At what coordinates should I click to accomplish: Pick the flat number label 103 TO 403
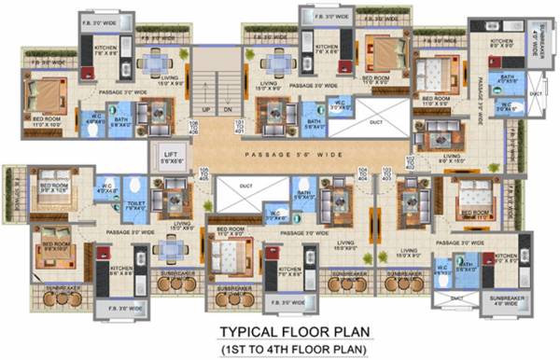pos(385,173)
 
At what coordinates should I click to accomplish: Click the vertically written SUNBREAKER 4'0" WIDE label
pos(533,37)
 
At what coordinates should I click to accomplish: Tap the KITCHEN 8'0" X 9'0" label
pos(503,44)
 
